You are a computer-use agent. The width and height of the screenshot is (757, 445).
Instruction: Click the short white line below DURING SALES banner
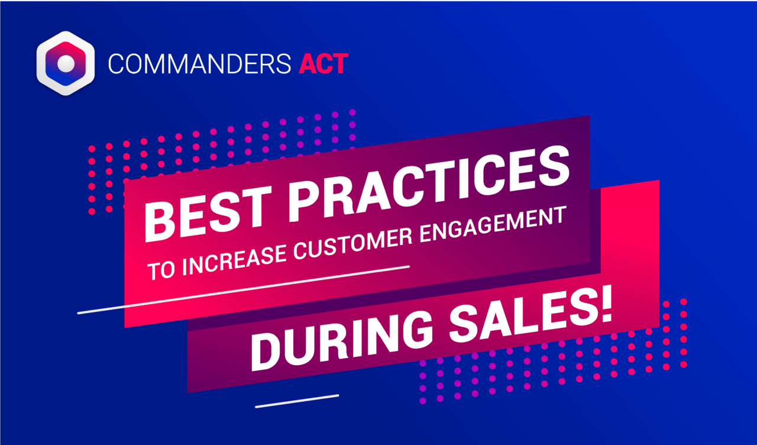297,401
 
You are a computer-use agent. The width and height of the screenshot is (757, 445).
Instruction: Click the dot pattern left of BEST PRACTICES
106,178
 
